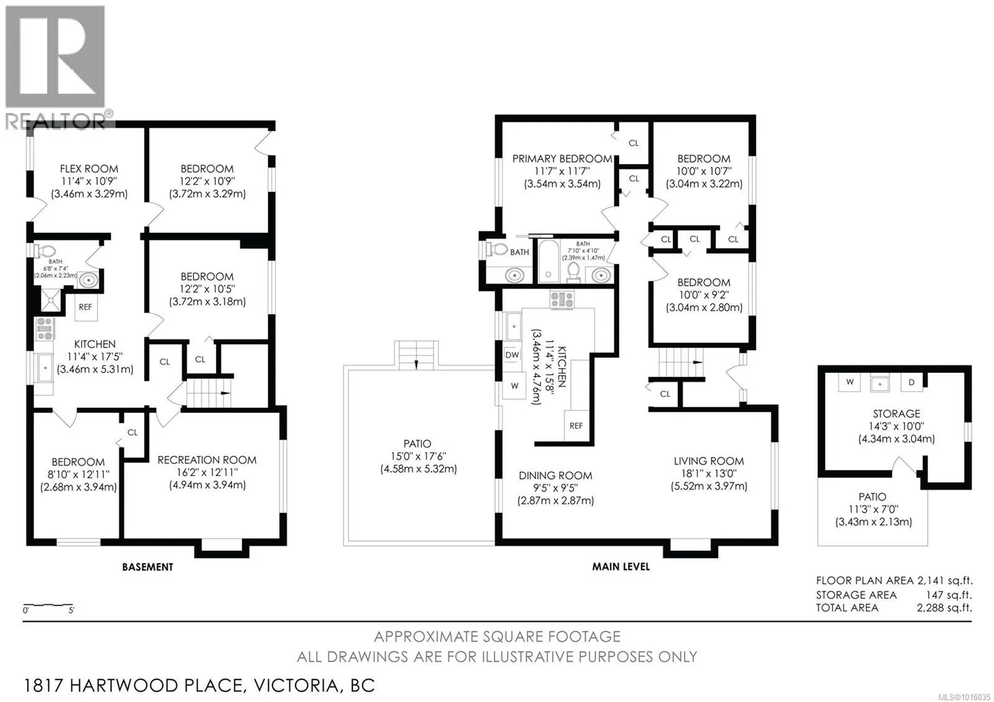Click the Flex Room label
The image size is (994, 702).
click(89, 169)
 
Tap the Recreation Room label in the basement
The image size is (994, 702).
click(207, 460)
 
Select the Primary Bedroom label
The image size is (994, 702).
click(562, 159)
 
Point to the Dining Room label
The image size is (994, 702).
click(555, 476)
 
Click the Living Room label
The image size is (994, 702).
click(709, 462)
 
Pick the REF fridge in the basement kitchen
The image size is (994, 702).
click(85, 307)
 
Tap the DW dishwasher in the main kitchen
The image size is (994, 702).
click(512, 355)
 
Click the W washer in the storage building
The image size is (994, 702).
click(849, 381)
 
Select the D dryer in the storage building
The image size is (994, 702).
click(911, 382)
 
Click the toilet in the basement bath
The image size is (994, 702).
click(44, 251)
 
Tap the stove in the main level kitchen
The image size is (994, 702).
click(562, 299)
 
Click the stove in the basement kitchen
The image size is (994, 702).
click(44, 329)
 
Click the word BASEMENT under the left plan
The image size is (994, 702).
click(148, 567)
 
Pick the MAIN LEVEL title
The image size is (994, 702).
click(621, 567)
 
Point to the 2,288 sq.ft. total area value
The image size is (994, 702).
click(944, 608)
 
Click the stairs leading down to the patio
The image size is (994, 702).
click(416, 355)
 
